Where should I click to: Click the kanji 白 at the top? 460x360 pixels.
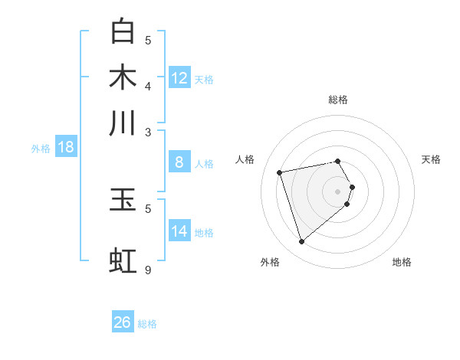click(123, 31)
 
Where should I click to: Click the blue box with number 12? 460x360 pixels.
click(179, 78)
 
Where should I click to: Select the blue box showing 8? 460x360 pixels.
click(179, 162)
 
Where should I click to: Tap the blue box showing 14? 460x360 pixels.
click(179, 231)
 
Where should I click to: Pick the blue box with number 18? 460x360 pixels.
click(65, 147)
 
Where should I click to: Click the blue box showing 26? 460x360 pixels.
click(123, 322)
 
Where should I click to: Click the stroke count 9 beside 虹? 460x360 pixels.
click(148, 270)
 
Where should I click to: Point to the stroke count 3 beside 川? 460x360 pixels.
click(148, 132)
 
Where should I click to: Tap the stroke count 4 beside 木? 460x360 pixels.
click(148, 86)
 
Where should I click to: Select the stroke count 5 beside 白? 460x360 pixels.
click(148, 40)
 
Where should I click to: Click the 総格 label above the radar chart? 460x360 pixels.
click(338, 100)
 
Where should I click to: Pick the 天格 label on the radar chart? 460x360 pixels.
click(432, 159)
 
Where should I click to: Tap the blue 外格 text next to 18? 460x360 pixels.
click(40, 149)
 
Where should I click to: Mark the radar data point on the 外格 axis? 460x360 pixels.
click(301, 242)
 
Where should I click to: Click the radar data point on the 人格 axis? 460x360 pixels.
click(280, 172)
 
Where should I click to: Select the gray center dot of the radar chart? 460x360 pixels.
click(338, 191)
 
